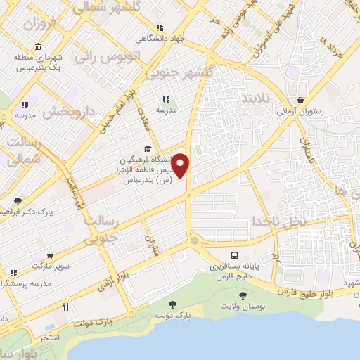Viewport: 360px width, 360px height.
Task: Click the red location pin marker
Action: pos(181,165)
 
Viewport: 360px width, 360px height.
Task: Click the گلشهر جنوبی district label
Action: pos(179,73)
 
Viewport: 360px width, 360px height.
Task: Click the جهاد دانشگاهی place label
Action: pos(160,39)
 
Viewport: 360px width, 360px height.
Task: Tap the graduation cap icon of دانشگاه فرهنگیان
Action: pos(147,148)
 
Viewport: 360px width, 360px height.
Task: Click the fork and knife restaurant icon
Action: pos(65,306)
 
